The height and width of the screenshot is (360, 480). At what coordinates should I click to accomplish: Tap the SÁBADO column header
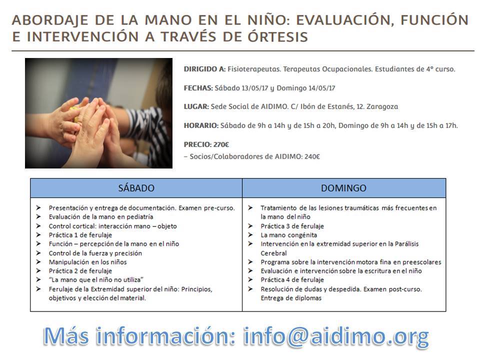click(x=136, y=188)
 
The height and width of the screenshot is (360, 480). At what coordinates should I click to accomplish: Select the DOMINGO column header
click(x=343, y=188)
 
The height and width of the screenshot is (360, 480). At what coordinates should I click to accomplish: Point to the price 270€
click(x=221, y=144)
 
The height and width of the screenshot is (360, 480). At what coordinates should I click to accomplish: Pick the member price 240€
click(x=310, y=156)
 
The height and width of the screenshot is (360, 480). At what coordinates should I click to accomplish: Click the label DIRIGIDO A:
click(x=205, y=69)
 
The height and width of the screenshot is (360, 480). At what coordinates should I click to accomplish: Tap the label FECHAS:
click(x=198, y=88)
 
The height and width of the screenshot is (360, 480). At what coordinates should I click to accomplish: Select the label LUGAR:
click(x=196, y=106)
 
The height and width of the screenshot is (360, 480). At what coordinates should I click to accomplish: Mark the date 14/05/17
click(x=317, y=88)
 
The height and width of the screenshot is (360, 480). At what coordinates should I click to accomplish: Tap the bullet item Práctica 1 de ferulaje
click(x=80, y=235)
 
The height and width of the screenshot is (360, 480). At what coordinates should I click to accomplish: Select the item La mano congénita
click(x=288, y=235)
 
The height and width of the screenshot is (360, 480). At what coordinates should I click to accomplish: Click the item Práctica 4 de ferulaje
click(x=292, y=280)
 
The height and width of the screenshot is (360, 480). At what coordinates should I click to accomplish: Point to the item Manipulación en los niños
click(x=87, y=262)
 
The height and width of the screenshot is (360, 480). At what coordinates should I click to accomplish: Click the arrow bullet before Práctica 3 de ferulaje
click(x=250, y=226)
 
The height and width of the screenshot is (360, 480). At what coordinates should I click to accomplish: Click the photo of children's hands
click(x=98, y=113)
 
